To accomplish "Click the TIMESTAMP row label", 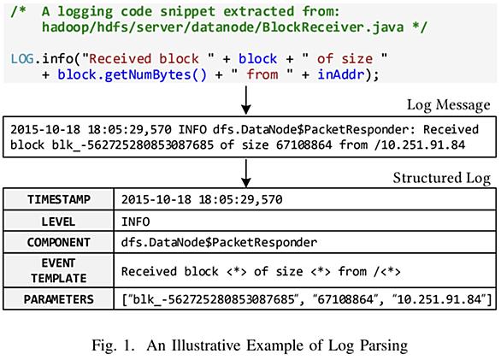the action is point(59,199).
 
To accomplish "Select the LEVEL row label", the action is point(58,221).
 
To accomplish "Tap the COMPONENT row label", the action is point(59,242).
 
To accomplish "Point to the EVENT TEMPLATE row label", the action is point(59,270).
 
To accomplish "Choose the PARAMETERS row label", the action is point(59,299).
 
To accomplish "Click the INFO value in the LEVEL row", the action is point(135,221).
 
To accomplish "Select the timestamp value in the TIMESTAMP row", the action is point(202,200).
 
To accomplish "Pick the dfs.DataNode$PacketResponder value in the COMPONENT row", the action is point(219,242).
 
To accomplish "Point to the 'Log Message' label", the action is point(448,105).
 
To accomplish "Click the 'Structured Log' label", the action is point(441,178).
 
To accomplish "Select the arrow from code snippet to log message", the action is point(245,100).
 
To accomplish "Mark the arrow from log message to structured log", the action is point(245,174).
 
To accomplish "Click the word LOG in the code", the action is point(22,59).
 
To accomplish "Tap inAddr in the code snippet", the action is point(341,74).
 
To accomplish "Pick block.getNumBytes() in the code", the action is point(132,74).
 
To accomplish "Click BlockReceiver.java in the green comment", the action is point(333,27).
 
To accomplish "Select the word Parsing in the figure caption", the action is point(384,345).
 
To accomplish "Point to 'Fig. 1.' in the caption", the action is point(114,345).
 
